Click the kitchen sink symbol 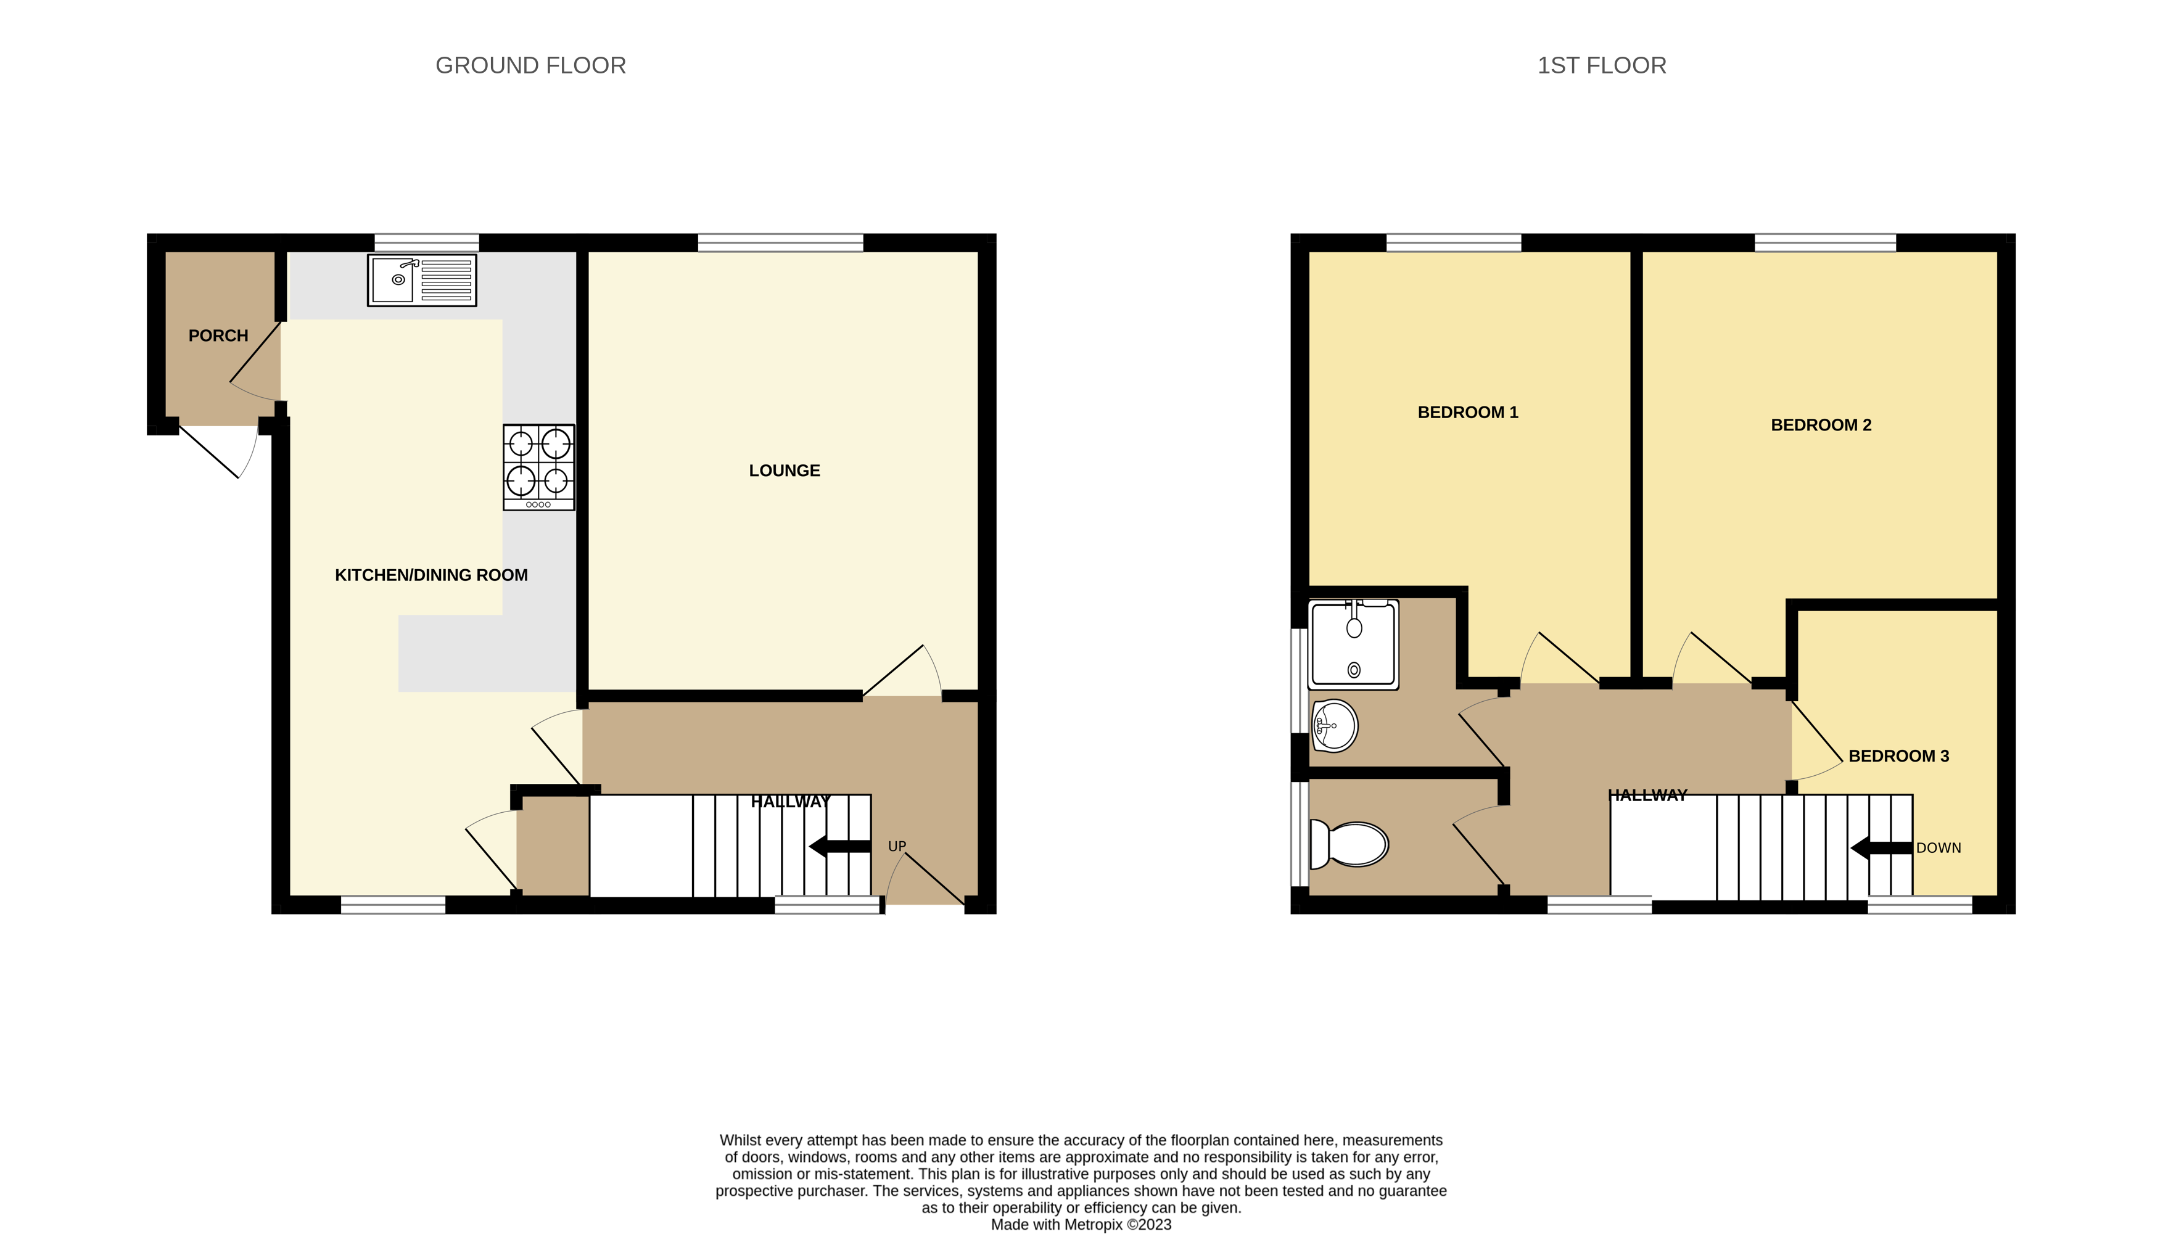421,280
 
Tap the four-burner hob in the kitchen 538,467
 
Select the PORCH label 218,335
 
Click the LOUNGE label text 784,471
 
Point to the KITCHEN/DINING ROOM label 431,575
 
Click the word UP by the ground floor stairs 897,846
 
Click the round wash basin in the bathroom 1334,725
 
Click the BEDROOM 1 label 1467,412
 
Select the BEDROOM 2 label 1821,425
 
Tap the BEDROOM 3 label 1898,756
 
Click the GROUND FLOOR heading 530,65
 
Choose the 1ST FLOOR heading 1601,65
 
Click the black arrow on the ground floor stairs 839,846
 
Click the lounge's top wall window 780,243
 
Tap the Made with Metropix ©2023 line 1081,1224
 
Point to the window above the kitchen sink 426,243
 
